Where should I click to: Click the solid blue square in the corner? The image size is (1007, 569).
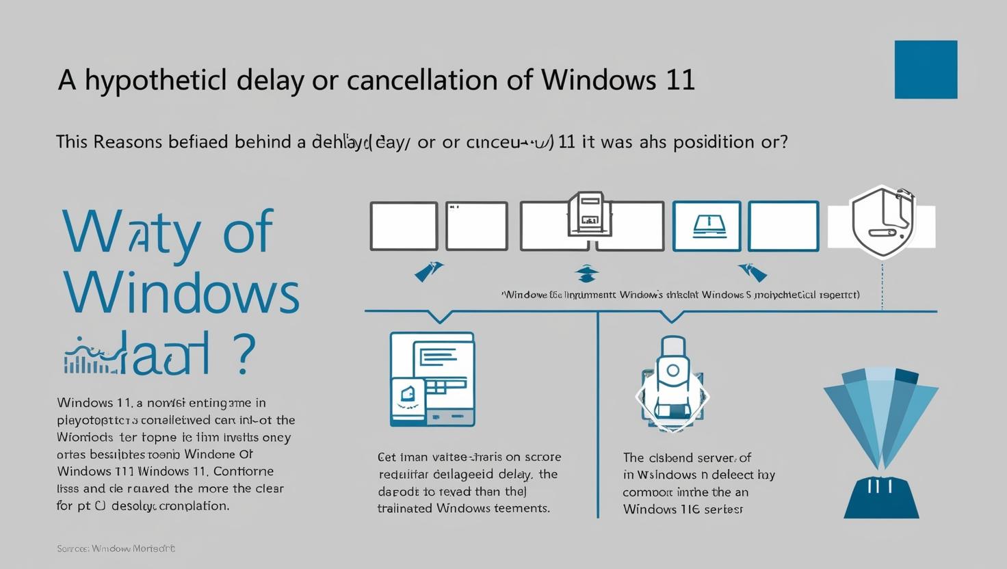926,69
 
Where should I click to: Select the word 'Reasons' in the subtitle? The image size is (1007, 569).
127,142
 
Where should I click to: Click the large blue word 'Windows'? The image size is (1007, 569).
181,292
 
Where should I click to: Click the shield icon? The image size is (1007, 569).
882,222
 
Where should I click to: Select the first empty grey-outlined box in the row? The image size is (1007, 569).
404,226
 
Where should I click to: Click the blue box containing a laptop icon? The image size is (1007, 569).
707,226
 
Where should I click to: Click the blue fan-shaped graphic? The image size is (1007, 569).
880,417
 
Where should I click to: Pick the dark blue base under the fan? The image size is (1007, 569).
880,497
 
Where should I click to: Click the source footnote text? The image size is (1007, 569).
116,548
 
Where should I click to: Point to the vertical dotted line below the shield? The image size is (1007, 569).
883,284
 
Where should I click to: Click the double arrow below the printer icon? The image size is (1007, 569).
587,274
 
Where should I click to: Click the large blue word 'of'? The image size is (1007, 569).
248,231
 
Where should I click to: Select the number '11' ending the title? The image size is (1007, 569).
680,80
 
